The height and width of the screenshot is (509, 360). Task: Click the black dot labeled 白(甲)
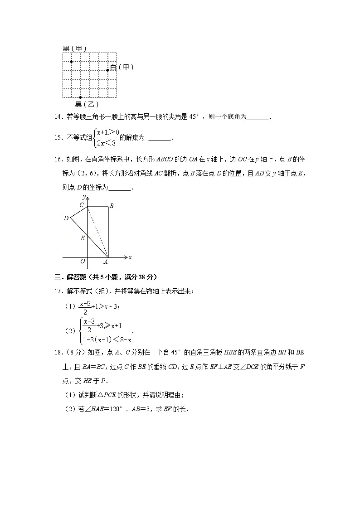107,70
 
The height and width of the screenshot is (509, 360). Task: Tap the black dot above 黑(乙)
80,97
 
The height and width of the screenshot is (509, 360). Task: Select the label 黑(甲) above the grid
75,48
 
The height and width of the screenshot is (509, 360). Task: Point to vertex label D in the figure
66,218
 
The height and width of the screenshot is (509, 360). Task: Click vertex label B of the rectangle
112,206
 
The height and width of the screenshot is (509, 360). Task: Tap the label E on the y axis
82,238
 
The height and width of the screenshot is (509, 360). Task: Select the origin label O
83,262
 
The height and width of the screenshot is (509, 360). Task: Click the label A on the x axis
106,262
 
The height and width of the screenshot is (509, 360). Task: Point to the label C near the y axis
82,205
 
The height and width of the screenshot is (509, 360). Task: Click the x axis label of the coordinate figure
130,257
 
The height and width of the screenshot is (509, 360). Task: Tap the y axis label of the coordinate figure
84,197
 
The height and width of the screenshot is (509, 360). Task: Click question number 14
58,117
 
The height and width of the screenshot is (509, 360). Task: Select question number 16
58,159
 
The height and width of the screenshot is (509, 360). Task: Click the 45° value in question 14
194,117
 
